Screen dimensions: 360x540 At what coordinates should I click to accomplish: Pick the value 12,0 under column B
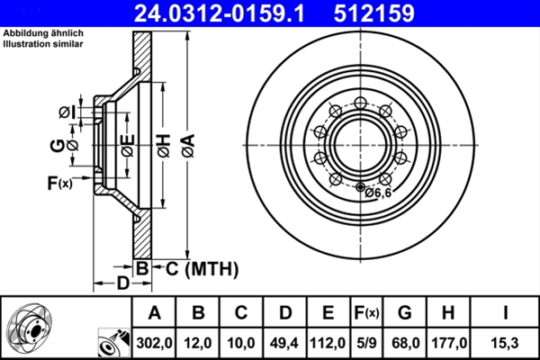coord(199,342)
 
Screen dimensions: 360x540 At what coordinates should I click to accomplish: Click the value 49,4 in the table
coord(285,342)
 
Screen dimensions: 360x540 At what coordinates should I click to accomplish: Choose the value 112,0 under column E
coord(328,342)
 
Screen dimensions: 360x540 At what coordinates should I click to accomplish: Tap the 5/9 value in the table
coord(367,342)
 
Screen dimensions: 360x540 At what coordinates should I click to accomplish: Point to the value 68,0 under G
coord(405,342)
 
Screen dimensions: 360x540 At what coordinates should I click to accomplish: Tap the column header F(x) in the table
coord(367,313)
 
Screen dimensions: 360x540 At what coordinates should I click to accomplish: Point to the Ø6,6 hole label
coord(379,191)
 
